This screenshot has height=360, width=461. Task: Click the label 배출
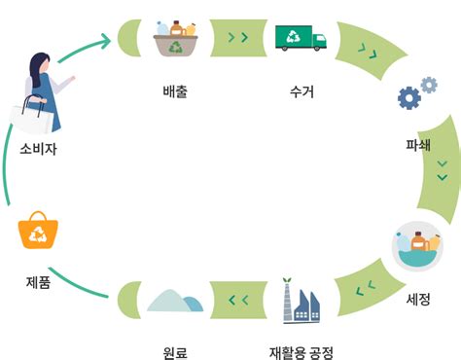point(176,93)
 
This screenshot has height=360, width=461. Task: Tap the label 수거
point(301,93)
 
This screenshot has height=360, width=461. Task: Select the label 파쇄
point(419,145)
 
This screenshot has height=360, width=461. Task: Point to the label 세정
point(418,300)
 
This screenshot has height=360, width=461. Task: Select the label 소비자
point(39,150)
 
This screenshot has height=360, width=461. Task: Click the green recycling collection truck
point(301,38)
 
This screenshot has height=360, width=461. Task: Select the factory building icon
point(300,301)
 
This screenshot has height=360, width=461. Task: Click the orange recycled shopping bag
point(39,232)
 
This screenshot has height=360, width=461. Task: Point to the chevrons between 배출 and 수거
point(237,38)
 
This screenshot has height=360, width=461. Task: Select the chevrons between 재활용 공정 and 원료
point(238,299)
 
